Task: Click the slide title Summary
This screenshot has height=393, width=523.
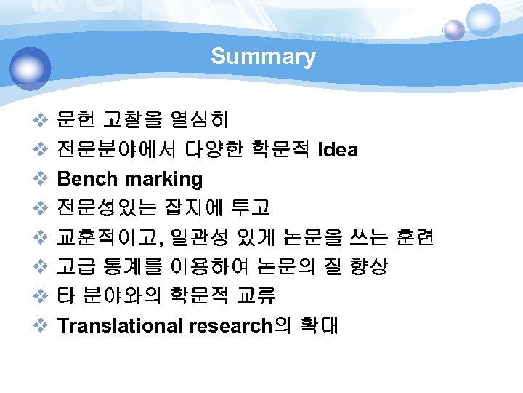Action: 263,57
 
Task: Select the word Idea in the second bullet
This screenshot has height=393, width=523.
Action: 338,150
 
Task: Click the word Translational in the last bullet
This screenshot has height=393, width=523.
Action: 120,325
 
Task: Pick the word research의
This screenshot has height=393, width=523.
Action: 239,325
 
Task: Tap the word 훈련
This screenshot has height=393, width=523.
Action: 415,238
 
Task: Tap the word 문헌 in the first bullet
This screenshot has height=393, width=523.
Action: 76,121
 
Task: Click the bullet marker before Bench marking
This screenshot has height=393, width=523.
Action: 41,179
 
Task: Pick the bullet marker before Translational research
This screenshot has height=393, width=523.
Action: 41,325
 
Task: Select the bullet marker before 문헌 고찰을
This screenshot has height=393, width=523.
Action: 41,121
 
